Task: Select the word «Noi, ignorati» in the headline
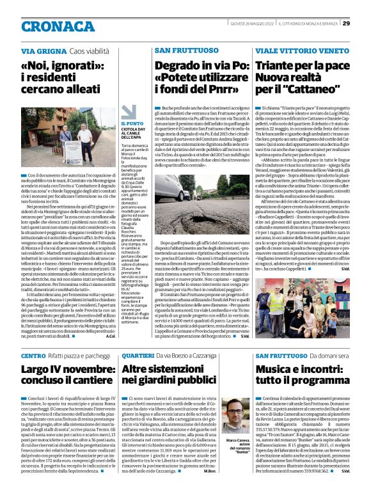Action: click(x=57, y=65)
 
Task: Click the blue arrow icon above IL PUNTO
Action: click(x=129, y=112)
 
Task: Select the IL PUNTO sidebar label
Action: click(x=132, y=123)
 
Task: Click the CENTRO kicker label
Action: click(x=33, y=355)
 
